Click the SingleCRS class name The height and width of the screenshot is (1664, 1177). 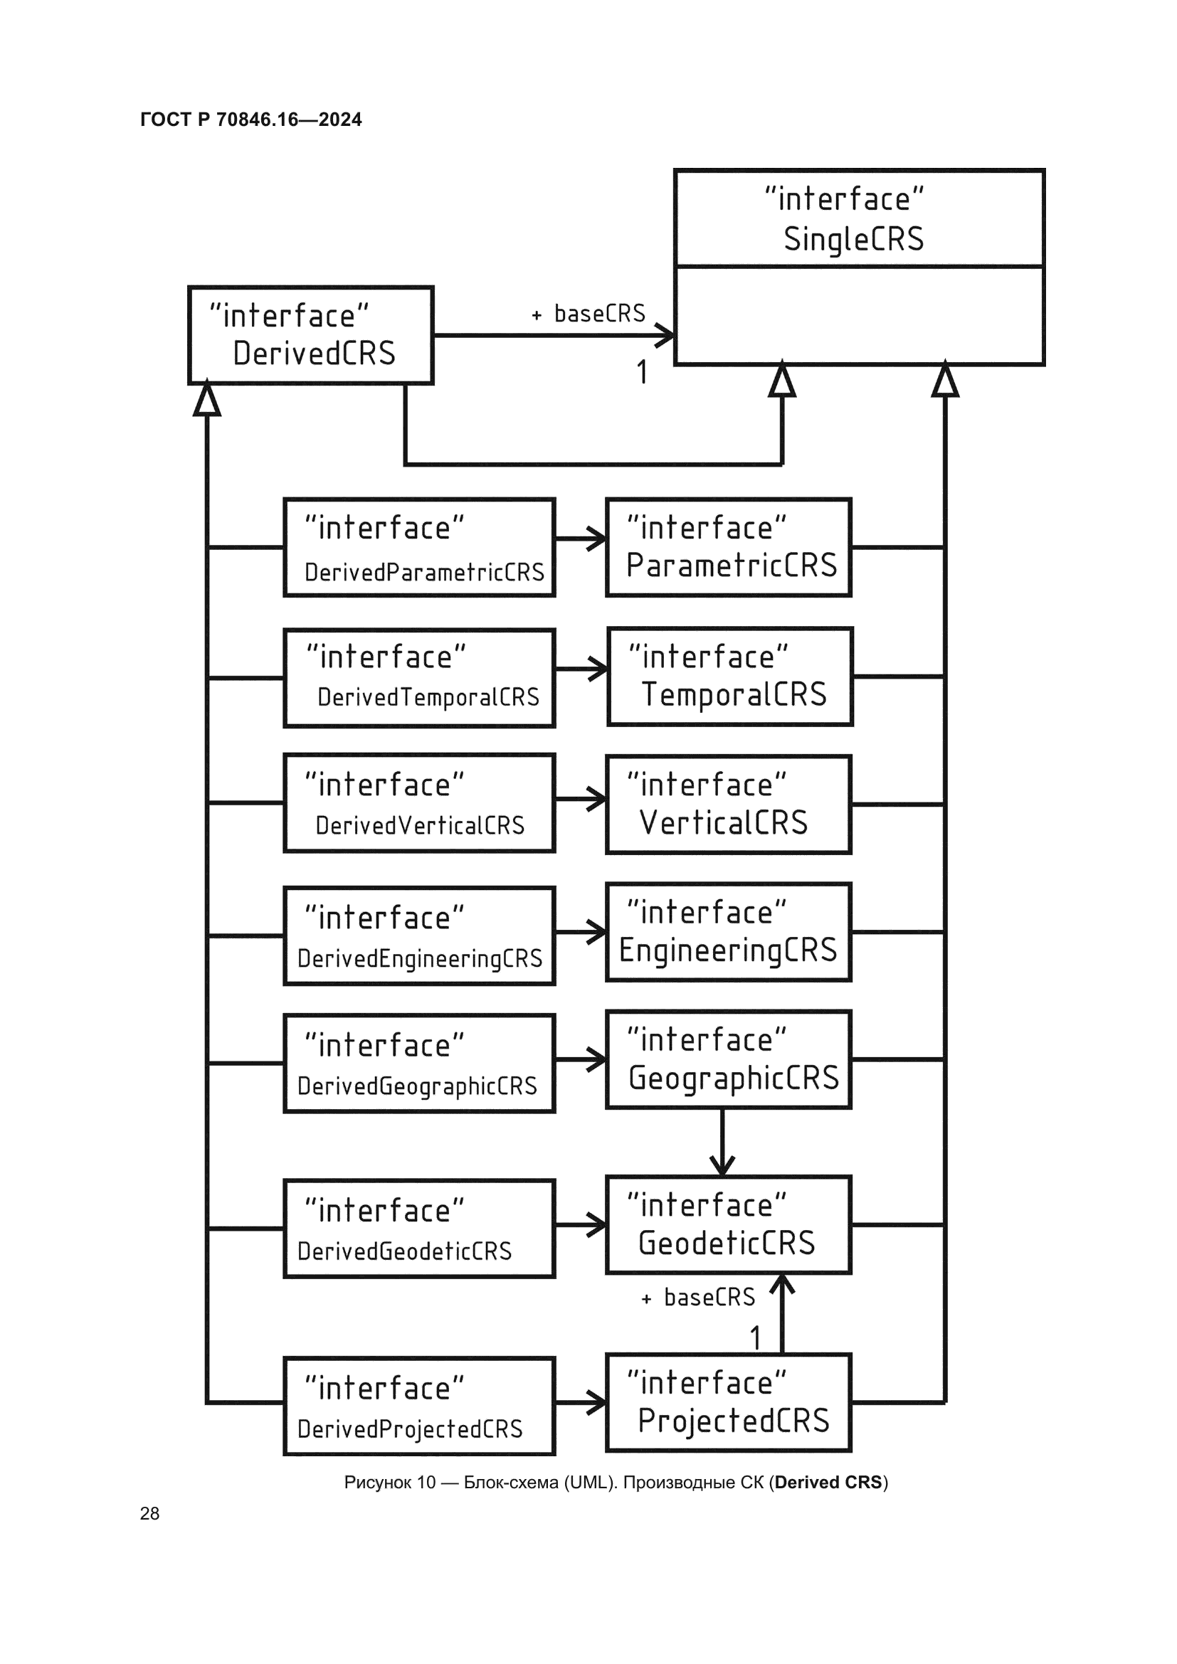pyautogui.click(x=854, y=239)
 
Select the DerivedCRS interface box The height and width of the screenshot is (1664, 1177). pyautogui.click(x=311, y=336)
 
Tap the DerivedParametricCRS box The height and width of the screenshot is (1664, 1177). pyautogui.click(x=420, y=548)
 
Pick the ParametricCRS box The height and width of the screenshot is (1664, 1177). pyautogui.click(x=729, y=548)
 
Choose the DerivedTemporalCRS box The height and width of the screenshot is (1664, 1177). pyautogui.click(x=420, y=679)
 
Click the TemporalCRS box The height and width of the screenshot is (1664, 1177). pyautogui.click(x=730, y=677)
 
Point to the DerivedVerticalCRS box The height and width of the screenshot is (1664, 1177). pyautogui.click(x=420, y=803)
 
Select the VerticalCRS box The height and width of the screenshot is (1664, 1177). pyautogui.click(x=729, y=805)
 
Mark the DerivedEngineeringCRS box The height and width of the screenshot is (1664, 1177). pyautogui.click(x=420, y=936)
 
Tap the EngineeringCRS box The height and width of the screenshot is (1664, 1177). pyautogui.click(x=729, y=933)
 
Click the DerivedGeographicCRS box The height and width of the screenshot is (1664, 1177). pyautogui.click(x=420, y=1064)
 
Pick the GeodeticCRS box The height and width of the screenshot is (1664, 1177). pyautogui.click(x=729, y=1226)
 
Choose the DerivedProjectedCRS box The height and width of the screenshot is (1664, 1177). pyautogui.click(x=420, y=1406)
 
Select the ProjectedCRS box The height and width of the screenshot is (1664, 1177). pyautogui.click(x=729, y=1403)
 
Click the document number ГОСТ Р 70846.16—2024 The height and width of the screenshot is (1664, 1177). pyautogui.click(x=250, y=120)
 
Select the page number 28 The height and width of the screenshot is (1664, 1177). pyautogui.click(x=150, y=1513)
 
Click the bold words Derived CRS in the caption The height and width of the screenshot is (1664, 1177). pyautogui.click(x=828, y=1482)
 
